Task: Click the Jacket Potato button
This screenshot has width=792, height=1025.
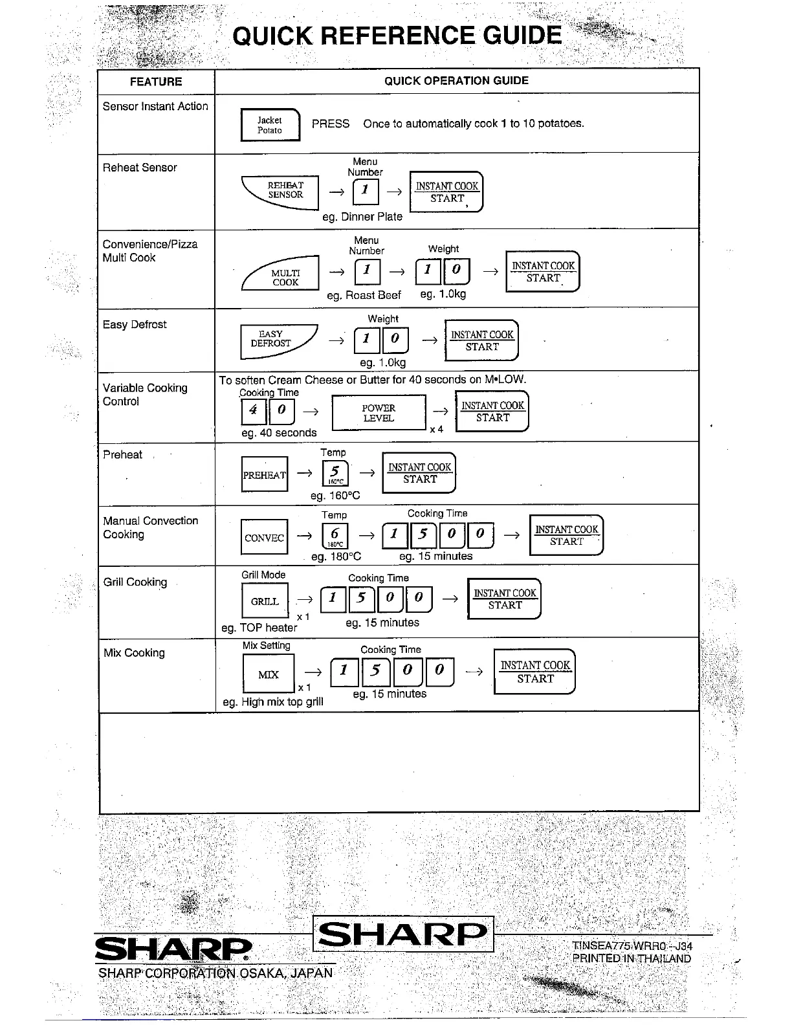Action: tap(270, 125)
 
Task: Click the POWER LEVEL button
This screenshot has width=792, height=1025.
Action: tap(379, 413)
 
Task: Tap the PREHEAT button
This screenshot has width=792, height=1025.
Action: tap(264, 474)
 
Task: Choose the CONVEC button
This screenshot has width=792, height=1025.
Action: tap(264, 538)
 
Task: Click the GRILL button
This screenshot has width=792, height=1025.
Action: tap(265, 601)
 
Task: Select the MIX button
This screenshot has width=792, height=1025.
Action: tap(268, 674)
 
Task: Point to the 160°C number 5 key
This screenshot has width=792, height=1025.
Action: tap(335, 473)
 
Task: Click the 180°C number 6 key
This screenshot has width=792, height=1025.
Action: tap(335, 536)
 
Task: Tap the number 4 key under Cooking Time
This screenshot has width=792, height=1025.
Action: tap(253, 410)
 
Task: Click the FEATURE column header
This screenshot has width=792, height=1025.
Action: tap(156, 82)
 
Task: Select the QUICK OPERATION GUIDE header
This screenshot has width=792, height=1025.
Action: tap(456, 81)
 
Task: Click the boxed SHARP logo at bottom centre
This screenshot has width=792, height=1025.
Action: tap(403, 934)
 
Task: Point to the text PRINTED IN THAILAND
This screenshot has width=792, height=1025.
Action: tap(631, 958)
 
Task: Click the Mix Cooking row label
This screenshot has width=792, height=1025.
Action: tap(134, 653)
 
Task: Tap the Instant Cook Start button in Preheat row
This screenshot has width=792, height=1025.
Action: tap(419, 473)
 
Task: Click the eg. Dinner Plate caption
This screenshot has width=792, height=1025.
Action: tap(362, 217)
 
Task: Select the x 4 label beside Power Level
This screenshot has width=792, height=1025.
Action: tap(437, 429)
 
